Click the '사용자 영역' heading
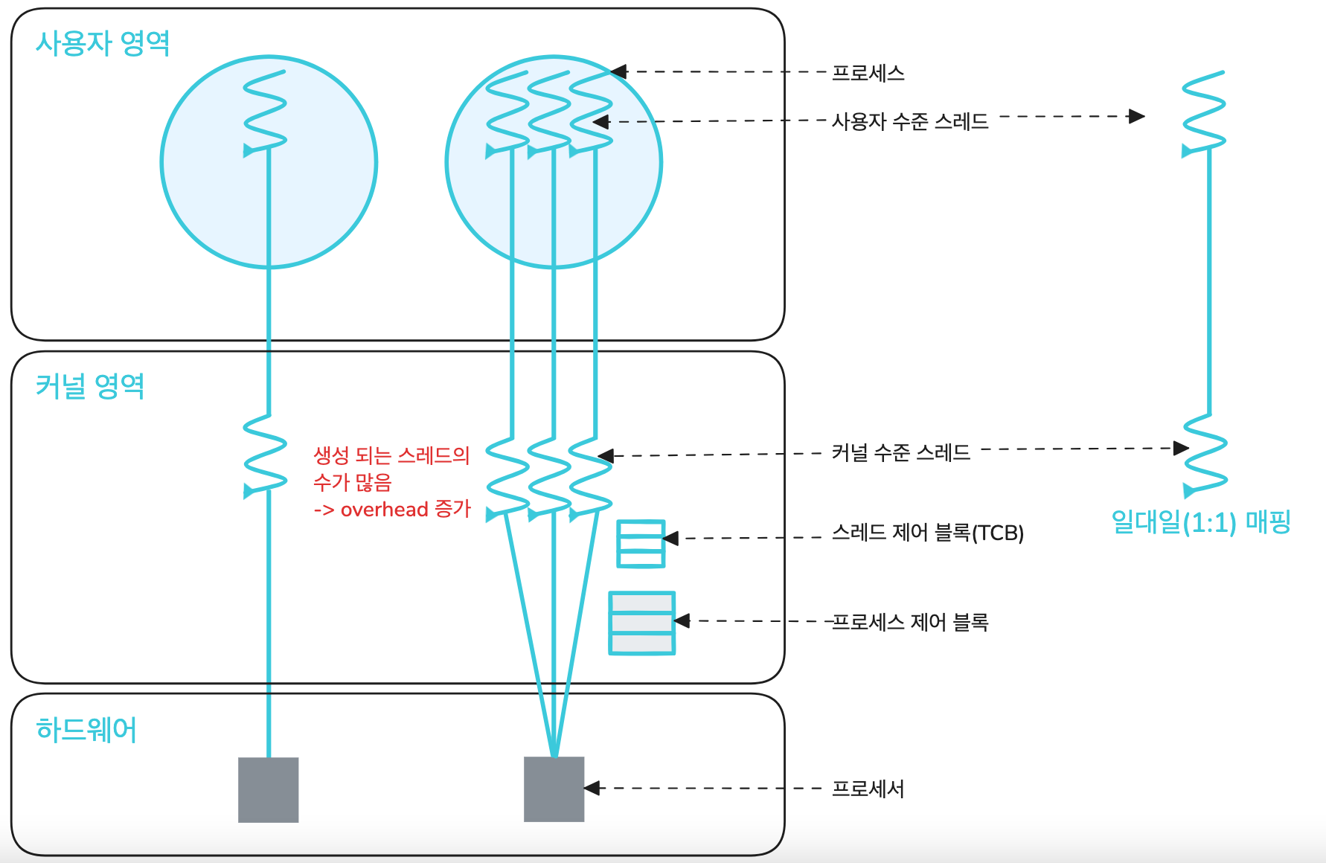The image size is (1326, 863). (x=103, y=43)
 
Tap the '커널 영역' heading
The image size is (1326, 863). (x=90, y=386)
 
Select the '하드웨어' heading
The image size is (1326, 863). (x=86, y=730)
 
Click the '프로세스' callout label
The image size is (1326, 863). (x=868, y=73)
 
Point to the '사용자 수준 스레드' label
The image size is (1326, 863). (x=910, y=121)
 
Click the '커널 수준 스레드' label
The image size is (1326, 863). (x=900, y=452)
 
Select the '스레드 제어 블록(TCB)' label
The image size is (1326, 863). (x=927, y=533)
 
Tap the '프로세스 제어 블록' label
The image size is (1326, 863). (x=909, y=622)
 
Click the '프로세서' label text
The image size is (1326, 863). (x=868, y=789)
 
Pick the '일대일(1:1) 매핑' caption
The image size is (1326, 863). (x=1200, y=522)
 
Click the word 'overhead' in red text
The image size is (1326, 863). (x=384, y=510)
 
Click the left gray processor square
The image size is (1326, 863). (x=268, y=789)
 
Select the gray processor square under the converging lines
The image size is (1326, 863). (x=554, y=789)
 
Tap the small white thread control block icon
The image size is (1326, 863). (x=641, y=544)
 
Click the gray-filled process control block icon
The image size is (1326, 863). (x=641, y=623)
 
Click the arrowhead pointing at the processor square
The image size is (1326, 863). (x=592, y=788)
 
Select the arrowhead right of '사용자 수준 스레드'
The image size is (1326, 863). (x=1136, y=116)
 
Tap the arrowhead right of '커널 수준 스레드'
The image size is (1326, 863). (x=1180, y=448)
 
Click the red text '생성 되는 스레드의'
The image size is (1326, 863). (x=391, y=455)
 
